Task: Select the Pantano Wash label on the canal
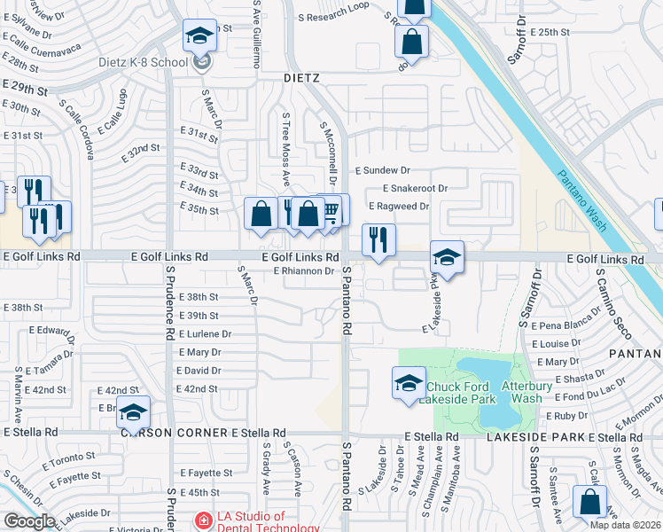[583, 200]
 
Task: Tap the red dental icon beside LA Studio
[204, 520]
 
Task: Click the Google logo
[29, 521]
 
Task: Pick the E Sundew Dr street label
[383, 169]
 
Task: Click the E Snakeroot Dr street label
[415, 188]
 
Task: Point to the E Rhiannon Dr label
[303, 270]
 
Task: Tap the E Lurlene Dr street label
[205, 334]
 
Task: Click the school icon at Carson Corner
[134, 413]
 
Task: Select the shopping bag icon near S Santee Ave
[590, 503]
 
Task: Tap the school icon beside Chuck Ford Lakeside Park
[409, 383]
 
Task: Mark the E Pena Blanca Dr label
[565, 327]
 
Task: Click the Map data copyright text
[625, 525]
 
